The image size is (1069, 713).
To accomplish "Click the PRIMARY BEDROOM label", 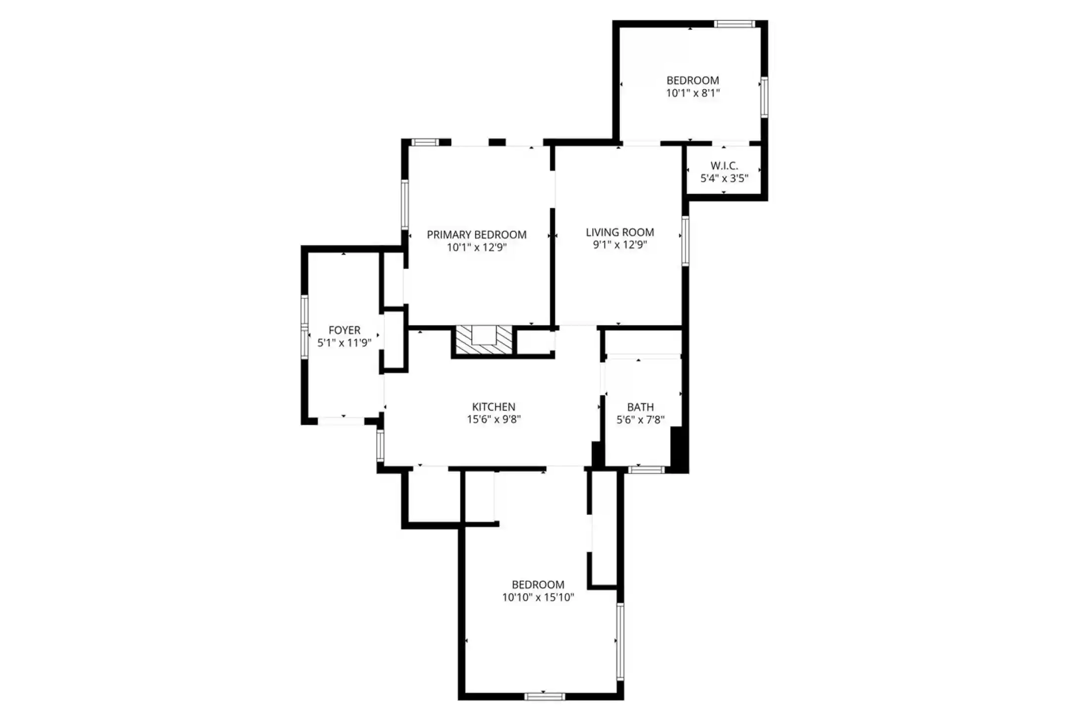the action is click(x=477, y=235).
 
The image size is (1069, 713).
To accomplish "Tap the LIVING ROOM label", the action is click(x=620, y=232).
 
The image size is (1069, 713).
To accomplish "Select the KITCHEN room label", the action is click(x=493, y=407).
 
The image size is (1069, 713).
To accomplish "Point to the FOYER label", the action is click(x=344, y=330).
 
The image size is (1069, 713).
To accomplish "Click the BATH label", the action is click(x=640, y=407).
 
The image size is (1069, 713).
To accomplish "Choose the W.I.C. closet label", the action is click(x=724, y=166).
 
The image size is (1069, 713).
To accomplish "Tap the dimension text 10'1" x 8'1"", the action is click(x=693, y=93).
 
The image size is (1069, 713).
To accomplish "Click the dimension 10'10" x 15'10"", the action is click(x=538, y=598).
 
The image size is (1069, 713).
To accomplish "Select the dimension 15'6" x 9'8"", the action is click(x=494, y=420).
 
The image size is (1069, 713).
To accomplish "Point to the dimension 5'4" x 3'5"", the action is click(x=724, y=178).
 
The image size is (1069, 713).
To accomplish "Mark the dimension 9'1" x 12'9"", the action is click(x=620, y=245).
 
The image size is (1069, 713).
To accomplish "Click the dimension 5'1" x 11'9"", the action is click(x=344, y=343).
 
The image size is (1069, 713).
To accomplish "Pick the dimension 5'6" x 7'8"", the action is click(x=640, y=420).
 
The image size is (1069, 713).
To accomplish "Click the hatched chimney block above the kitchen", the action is click(x=484, y=340).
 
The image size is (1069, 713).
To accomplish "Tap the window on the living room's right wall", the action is click(x=685, y=241).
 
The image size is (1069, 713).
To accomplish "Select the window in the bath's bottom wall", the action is click(x=646, y=470).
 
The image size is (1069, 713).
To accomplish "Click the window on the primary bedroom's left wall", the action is click(x=405, y=204).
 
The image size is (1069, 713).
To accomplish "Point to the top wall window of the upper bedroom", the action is click(x=734, y=24).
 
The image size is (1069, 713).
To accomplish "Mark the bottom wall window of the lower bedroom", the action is click(x=544, y=697).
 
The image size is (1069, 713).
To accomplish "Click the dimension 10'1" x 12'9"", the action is click(x=477, y=248).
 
